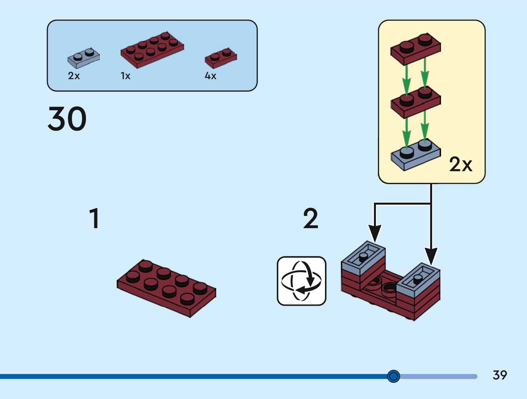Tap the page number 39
[x=500, y=375]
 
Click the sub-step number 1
[x=95, y=218]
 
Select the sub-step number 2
[x=310, y=218]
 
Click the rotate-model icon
[x=302, y=281]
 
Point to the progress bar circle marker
[x=393, y=376]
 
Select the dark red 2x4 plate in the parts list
[x=152, y=50]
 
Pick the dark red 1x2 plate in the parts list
[x=221, y=58]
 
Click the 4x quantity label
[x=210, y=76]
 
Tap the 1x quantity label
[x=125, y=76]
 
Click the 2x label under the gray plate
[x=74, y=76]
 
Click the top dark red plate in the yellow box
[x=416, y=48]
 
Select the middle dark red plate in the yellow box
[x=416, y=101]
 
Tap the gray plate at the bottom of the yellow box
[x=416, y=154]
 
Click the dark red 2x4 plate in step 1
[x=166, y=287]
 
